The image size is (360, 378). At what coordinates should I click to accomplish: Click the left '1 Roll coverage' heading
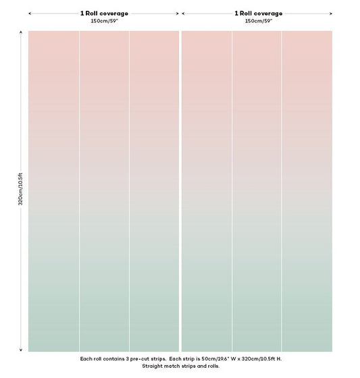coord(104,13)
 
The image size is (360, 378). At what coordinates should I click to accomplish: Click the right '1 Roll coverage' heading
coord(259,13)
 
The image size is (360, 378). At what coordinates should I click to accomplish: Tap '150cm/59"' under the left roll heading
coord(104,21)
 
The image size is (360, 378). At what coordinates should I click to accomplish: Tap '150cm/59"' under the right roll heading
coord(259,21)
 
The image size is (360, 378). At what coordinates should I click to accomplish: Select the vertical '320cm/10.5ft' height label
coord(20,189)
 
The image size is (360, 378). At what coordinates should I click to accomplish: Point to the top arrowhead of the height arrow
coord(21,32)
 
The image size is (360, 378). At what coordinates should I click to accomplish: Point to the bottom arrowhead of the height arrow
coord(21,350)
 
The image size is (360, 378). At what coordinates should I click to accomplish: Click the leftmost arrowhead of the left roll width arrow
coord(30,13)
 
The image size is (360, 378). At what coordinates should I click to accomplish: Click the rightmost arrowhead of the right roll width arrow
coord(331,13)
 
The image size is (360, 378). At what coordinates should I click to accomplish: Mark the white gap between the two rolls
coord(180,191)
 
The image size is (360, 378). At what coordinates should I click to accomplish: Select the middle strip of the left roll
coord(104,191)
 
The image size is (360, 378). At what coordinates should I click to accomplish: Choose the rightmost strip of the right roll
coord(307,191)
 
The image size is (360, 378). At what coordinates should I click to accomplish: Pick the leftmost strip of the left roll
coord(53,191)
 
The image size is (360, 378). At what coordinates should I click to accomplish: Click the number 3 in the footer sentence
coord(127,359)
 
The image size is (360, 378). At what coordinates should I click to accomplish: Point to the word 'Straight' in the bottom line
coord(152,366)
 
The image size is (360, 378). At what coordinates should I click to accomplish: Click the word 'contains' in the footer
coord(114,359)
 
